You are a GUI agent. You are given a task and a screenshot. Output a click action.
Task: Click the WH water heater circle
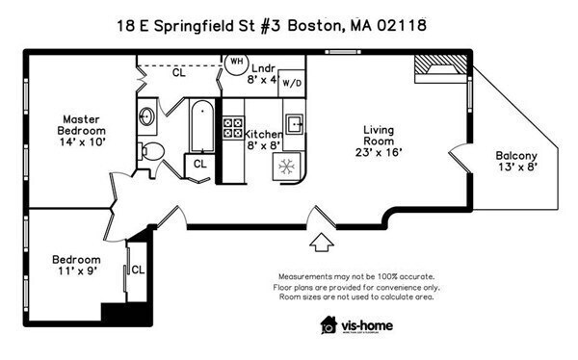point(236,63)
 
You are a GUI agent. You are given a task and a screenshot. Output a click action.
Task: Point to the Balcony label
point(516,161)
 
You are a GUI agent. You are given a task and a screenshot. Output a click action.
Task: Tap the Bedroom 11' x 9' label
point(76,266)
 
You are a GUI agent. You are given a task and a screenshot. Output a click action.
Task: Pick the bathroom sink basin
point(147,117)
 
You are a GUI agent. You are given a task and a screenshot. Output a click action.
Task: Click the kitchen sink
point(295,123)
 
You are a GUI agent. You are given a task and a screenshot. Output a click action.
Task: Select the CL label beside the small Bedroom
point(137,270)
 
